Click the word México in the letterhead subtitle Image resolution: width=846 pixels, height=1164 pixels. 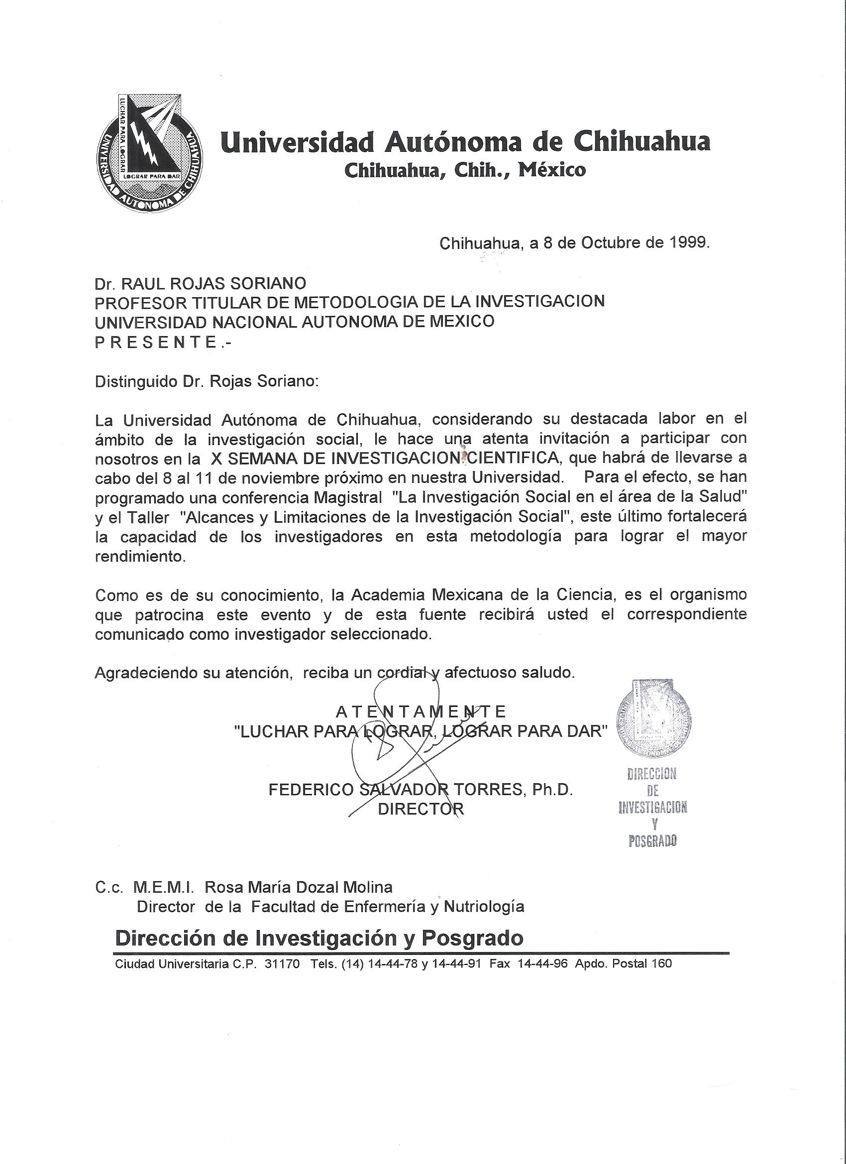click(x=552, y=169)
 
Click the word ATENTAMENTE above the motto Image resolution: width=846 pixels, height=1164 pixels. click(x=421, y=711)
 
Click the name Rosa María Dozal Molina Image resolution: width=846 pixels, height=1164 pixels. click(x=299, y=887)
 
